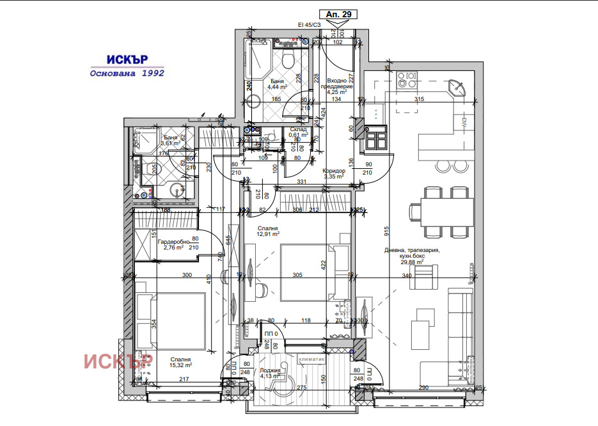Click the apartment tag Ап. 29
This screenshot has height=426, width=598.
pos(337,13)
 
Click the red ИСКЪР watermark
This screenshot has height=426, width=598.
pos(118,361)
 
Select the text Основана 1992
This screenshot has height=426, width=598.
pos(127,73)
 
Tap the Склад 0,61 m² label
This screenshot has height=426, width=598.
pos(299,132)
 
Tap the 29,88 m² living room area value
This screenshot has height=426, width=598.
pos(411,262)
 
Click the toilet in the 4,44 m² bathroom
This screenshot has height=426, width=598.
pos(288,61)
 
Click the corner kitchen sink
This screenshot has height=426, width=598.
pos(457,86)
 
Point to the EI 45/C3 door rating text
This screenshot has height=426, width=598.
pos(310,25)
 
